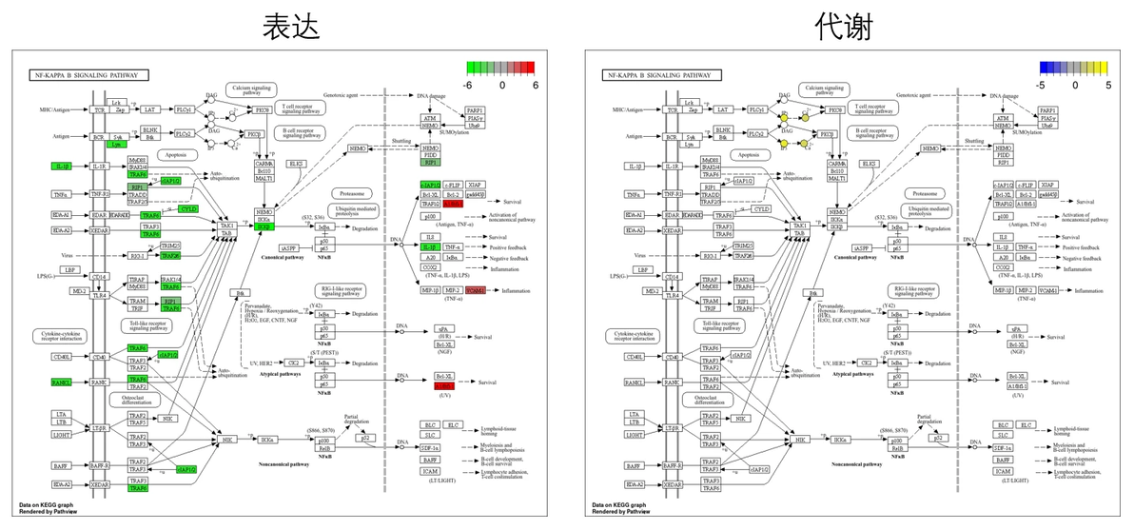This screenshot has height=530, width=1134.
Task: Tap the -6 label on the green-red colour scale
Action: click(469, 84)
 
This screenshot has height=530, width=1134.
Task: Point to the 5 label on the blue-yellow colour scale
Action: click(1107, 84)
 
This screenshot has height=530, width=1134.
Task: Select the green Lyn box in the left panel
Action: click(116, 144)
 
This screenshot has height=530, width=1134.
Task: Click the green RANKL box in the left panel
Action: click(62, 383)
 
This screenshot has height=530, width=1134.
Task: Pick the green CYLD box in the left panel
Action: click(188, 207)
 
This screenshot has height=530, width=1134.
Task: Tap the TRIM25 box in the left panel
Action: click(170, 245)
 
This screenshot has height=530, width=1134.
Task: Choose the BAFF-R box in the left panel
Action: click(99, 466)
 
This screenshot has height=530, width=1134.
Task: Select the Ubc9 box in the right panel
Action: click(1046, 125)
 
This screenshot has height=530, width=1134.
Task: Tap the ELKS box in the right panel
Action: click(869, 164)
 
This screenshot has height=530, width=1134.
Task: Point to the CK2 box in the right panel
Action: click(866, 363)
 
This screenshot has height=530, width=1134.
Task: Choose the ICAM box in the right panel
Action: click(1002, 471)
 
